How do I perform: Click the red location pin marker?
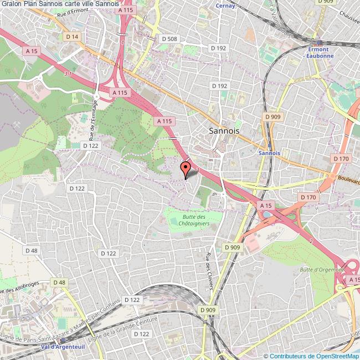[x=187, y=168]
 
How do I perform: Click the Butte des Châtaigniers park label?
[x=193, y=220]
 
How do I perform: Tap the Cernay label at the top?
[x=226, y=6]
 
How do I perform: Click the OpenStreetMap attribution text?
[x=311, y=356]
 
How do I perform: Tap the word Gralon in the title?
[x=11, y=3]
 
